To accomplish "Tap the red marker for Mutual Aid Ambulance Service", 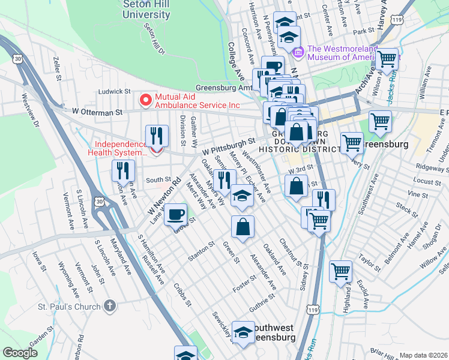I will tap(144, 100).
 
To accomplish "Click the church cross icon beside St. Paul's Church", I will tap(109, 307).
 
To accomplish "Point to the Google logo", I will tap(20, 353).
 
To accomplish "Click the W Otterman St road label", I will tap(97, 112).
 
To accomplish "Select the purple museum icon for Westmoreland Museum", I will tap(299, 53).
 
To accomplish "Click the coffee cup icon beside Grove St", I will tap(175, 214).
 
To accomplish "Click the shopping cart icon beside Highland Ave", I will tap(340, 271).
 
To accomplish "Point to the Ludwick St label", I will tap(115, 91).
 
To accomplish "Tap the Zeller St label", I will tap(58, 69).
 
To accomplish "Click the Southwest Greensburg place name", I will tap(273, 332).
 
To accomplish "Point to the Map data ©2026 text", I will tap(423, 355).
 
